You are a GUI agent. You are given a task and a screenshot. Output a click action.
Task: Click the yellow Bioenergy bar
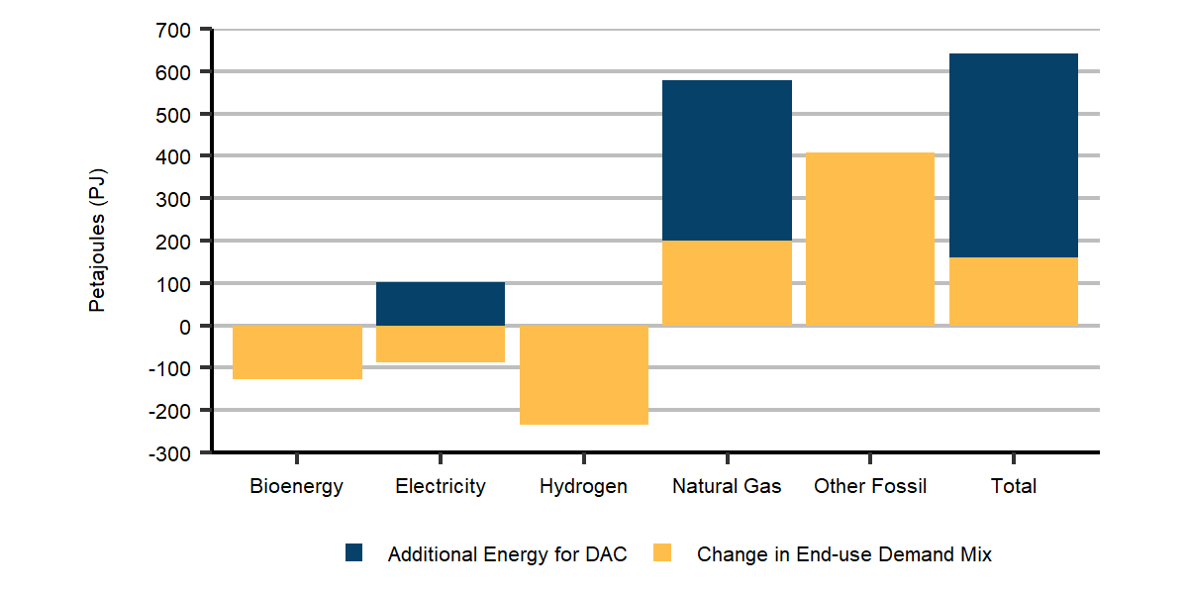[x=297, y=351]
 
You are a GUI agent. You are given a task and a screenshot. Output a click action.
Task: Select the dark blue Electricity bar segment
[x=441, y=304]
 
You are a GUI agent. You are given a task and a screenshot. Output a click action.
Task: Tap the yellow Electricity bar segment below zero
[x=441, y=344]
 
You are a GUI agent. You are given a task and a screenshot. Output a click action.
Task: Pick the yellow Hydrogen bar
[x=584, y=374]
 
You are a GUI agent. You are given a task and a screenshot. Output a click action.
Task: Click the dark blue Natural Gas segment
[x=727, y=160]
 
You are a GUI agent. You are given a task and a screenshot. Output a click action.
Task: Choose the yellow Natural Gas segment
[x=727, y=283]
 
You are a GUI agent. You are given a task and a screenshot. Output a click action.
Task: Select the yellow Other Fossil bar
[x=870, y=239]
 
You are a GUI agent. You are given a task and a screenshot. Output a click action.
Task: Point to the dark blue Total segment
[x=1014, y=155]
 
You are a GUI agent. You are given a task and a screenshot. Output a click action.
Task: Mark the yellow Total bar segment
[x=1014, y=291]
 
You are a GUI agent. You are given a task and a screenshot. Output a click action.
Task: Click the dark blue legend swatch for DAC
[x=354, y=553]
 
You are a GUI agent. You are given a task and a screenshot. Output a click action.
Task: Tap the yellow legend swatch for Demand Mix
[x=662, y=553]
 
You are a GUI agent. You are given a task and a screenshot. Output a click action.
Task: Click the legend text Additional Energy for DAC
[x=507, y=554]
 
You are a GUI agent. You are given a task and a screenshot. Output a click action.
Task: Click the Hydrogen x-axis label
[x=583, y=486]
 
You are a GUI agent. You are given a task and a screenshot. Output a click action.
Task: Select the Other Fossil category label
[x=870, y=486]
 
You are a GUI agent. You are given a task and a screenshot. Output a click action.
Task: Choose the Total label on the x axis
[x=1014, y=486]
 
